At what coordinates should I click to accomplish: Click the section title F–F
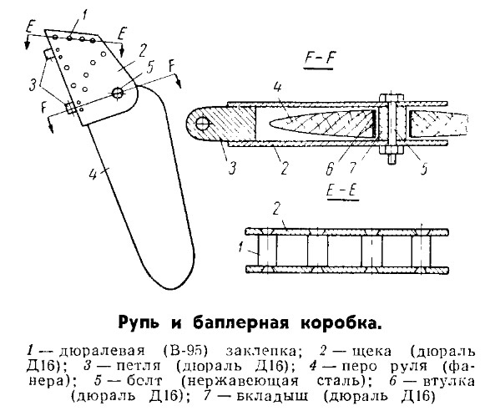point(319,58)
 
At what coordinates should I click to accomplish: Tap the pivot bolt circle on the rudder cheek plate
point(118,92)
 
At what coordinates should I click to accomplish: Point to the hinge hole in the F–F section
point(202,124)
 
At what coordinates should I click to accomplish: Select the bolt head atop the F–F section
point(391,97)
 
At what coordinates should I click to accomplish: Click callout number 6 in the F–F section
point(330,169)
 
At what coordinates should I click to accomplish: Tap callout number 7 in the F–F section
point(352,167)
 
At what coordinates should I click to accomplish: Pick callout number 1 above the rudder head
point(83,16)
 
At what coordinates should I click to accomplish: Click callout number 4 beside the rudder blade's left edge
point(93,174)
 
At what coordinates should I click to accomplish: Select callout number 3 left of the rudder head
point(33,84)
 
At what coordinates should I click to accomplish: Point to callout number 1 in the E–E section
point(240,246)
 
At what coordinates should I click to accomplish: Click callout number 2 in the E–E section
point(276,209)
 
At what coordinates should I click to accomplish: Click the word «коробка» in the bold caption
point(341,323)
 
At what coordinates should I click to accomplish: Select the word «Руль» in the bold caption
point(139,322)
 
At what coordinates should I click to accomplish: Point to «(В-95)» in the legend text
point(185,351)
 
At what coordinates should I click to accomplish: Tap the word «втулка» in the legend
point(449,381)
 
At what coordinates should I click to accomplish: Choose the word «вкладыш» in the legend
point(272,397)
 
